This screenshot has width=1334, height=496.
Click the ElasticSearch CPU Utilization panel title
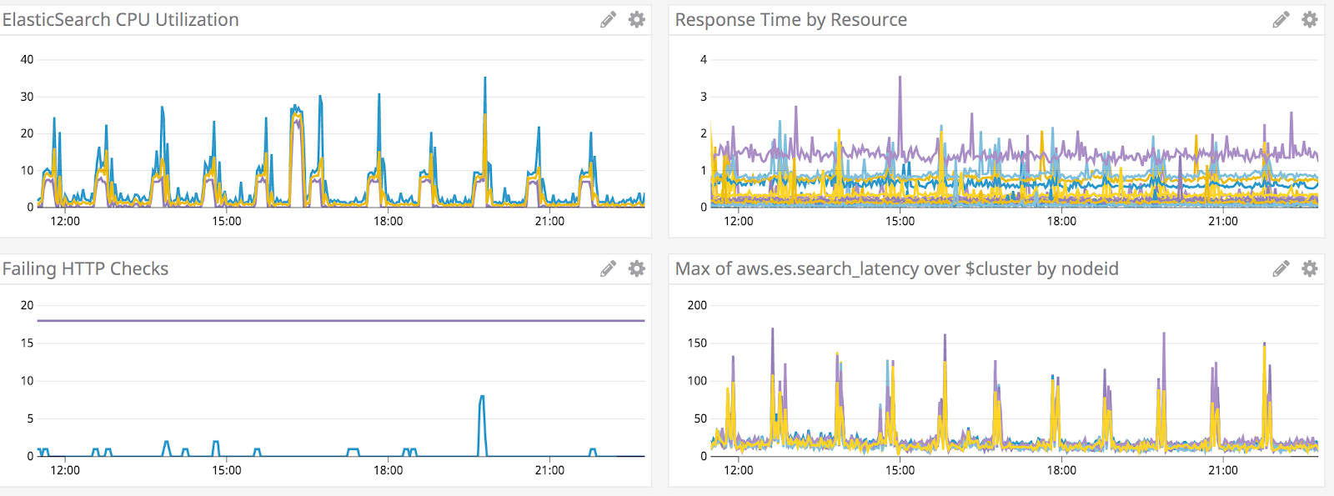tap(120, 20)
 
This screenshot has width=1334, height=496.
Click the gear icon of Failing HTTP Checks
tap(636, 268)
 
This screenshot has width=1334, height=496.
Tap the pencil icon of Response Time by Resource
tap(1281, 20)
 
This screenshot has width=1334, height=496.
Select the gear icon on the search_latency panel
tap(1310, 268)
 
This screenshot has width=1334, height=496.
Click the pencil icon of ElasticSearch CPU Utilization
tap(608, 20)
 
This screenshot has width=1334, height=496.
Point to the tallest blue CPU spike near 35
tap(485, 80)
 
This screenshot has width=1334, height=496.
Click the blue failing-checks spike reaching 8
tap(482, 398)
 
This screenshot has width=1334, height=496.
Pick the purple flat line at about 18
tap(333, 320)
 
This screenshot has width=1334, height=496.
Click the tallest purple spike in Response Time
tap(900, 79)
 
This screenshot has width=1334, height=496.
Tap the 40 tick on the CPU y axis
tap(27, 59)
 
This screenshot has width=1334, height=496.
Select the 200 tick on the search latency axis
tap(697, 305)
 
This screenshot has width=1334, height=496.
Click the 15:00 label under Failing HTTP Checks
tap(227, 470)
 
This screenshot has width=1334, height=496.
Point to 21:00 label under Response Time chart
tap(1222, 221)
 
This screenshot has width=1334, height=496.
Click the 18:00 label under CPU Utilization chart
tap(388, 221)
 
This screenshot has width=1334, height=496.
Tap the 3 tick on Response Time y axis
tap(703, 97)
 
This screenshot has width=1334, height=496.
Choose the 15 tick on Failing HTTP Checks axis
tap(27, 343)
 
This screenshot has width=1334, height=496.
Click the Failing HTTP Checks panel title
tap(85, 268)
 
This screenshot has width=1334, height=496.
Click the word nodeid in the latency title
tap(1088, 268)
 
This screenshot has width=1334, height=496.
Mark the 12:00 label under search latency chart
tap(738, 470)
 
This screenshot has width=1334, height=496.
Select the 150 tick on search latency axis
tap(697, 343)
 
